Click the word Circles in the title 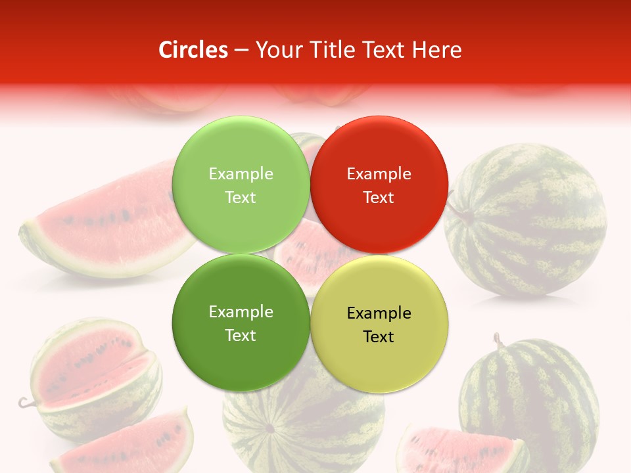[x=193, y=50]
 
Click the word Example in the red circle [x=379, y=174]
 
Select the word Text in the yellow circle [x=379, y=337]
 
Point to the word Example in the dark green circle [x=241, y=312]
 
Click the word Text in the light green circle [x=241, y=198]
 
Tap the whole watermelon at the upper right [x=526, y=220]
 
